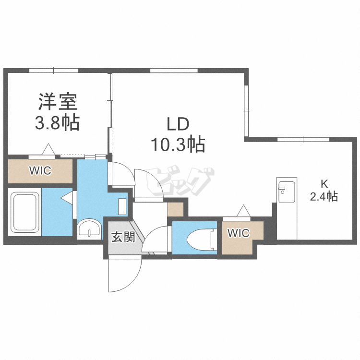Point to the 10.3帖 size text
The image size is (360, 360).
click(x=178, y=144)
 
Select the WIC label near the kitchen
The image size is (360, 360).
click(x=239, y=233)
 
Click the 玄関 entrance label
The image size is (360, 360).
click(x=123, y=237)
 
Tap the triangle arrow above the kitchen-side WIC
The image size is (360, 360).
click(x=243, y=210)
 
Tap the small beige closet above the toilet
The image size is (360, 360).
click(x=175, y=209)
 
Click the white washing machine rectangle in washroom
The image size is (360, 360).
click(x=123, y=206)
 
